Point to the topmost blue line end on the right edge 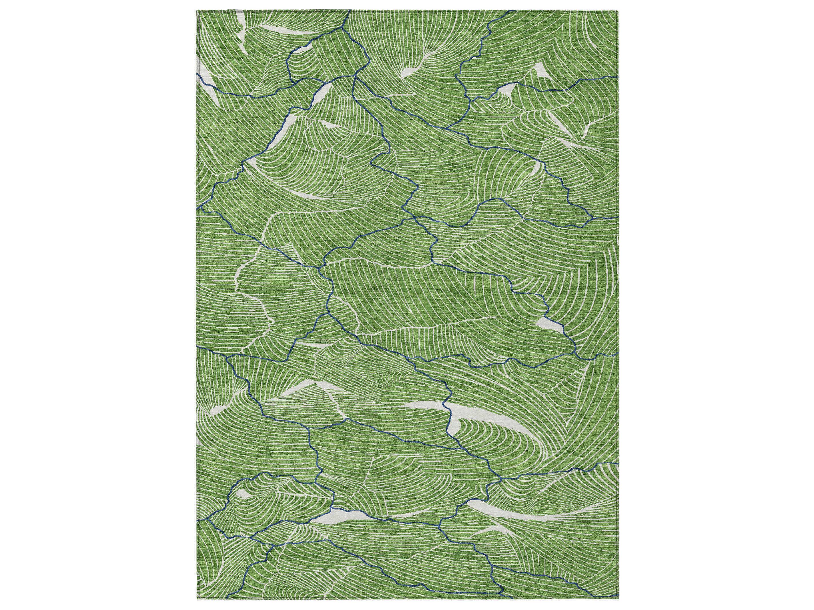tap(617, 77)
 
